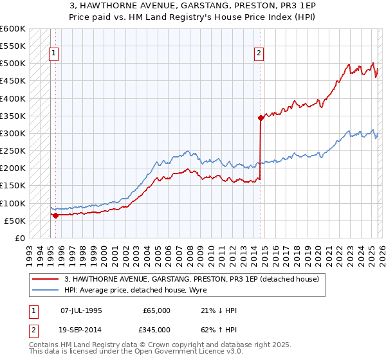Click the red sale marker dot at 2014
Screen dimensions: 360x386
pos(261,118)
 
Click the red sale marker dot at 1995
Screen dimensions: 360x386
pos(55,215)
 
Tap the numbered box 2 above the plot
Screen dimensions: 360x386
pos(259,54)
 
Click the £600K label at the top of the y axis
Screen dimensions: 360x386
pos(13,29)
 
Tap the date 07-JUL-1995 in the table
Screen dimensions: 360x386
pos(81,310)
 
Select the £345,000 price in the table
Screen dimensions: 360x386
pos(157,329)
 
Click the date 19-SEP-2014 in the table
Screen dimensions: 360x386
pos(81,329)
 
